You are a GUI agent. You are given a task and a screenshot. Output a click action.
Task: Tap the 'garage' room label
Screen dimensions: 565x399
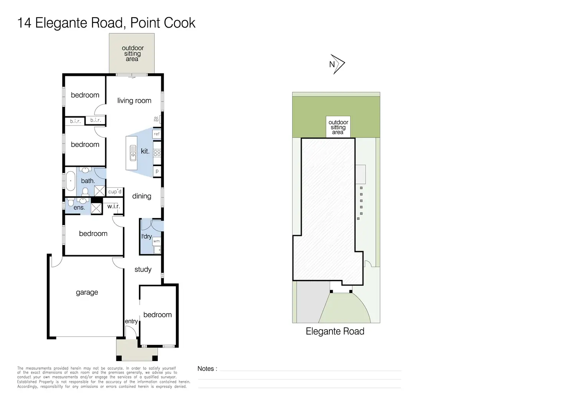87,292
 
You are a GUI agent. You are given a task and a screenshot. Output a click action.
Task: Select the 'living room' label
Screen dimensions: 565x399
134,101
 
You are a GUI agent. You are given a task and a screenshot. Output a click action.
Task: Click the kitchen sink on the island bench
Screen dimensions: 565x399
133,153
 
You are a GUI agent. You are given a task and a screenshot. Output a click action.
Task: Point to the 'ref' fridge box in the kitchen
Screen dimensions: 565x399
157,134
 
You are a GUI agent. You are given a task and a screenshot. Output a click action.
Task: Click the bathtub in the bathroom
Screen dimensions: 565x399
71,181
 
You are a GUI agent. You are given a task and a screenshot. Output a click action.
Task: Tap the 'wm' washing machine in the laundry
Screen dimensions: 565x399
157,241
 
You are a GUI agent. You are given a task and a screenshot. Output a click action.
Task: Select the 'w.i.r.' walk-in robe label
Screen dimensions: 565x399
114,206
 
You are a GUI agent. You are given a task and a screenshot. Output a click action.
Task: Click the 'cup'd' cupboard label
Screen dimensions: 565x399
115,191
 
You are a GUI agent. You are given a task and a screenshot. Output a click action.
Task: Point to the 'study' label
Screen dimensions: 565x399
143,269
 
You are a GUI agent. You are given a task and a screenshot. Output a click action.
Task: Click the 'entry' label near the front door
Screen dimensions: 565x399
131,321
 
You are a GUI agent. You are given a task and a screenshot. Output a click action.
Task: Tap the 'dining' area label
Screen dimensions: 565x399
142,196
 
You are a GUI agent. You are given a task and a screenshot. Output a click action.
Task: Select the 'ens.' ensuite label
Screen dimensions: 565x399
79,208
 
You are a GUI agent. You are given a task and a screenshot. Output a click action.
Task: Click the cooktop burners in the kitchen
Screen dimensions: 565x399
157,153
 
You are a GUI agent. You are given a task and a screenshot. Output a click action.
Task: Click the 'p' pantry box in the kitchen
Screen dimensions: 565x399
157,171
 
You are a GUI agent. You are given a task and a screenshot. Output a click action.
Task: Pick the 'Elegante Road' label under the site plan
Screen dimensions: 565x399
335,331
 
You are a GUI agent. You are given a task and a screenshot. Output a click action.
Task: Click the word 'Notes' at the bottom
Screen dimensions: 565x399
206,369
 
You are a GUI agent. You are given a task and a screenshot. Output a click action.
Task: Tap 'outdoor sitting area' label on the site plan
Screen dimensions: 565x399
338,127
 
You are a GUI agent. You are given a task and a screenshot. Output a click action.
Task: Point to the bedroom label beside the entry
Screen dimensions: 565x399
157,315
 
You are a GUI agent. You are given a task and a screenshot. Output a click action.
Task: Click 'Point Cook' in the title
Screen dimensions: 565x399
163,23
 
